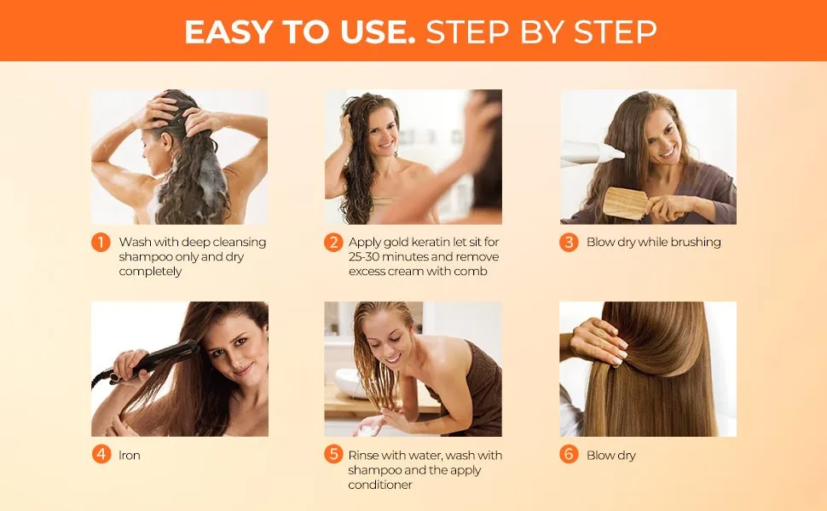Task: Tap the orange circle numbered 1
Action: [101, 243]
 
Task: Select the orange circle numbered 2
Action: [333, 243]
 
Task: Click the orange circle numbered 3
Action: [569, 243]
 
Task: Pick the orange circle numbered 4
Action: [101, 455]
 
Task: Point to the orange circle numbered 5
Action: [333, 455]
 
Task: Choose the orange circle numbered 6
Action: [569, 455]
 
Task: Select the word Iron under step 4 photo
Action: [130, 456]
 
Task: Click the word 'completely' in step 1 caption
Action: [150, 272]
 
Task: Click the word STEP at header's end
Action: [609, 32]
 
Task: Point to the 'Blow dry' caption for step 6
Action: [611, 456]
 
